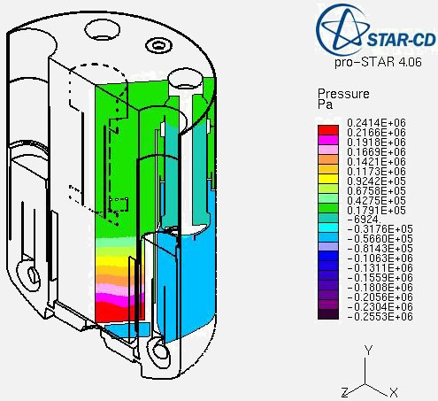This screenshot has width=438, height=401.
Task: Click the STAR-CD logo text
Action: pos(402,40)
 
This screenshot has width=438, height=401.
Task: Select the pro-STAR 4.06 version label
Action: pos(378,62)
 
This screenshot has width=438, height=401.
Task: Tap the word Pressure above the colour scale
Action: pos(343,94)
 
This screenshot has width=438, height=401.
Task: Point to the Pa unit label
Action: pos(325,104)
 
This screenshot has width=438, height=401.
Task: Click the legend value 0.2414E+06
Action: pos(376,122)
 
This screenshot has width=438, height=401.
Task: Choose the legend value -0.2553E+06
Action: pos(380,317)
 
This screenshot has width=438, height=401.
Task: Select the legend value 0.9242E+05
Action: pos(376,181)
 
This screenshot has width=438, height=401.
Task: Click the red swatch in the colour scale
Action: pos(328,130)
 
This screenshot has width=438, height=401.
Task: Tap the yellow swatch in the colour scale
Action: pos(328,179)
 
